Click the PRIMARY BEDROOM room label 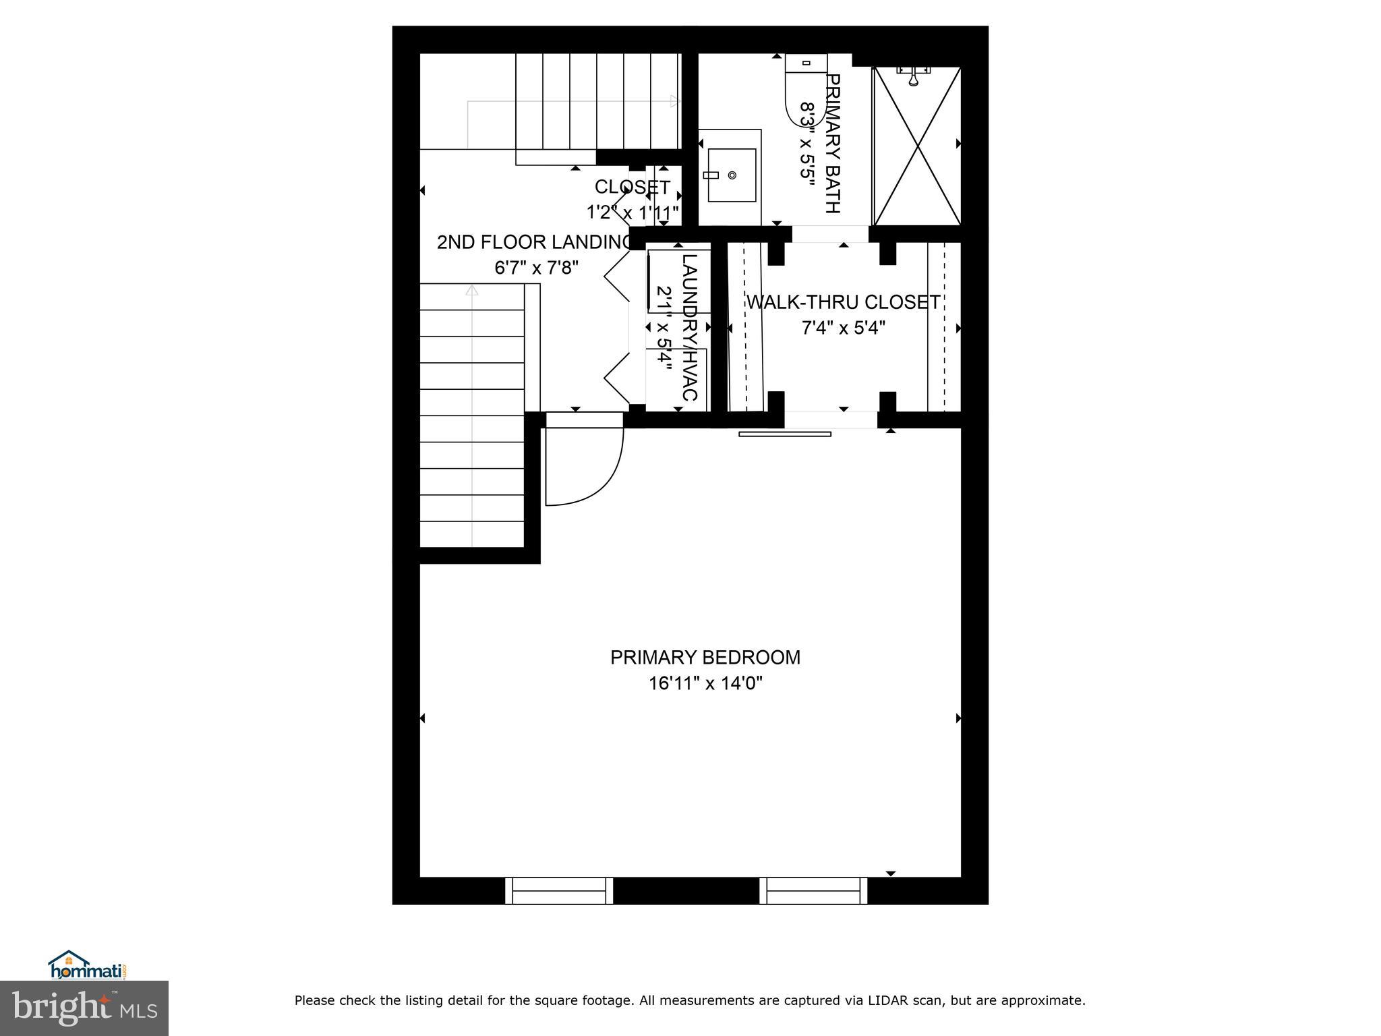705,658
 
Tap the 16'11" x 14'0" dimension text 705,684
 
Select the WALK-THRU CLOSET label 843,302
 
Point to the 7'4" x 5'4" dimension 843,328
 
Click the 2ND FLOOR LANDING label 533,242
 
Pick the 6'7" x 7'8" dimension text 537,268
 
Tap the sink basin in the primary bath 731,175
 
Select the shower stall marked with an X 917,145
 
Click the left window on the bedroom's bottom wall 559,891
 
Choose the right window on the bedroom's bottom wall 813,891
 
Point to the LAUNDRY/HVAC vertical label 689,327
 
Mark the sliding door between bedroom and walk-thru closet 785,434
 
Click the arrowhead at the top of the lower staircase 472,290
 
